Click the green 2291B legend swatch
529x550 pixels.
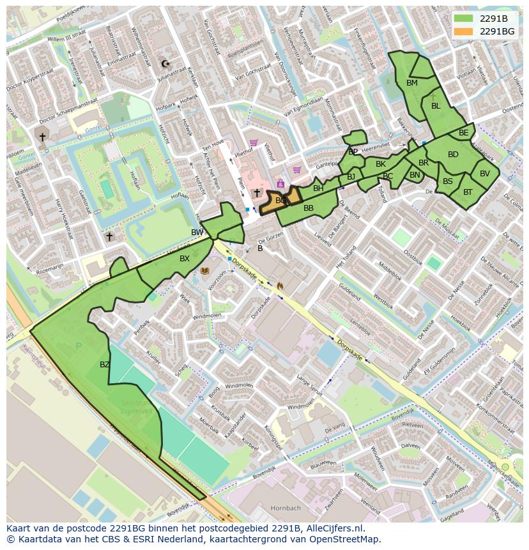pos(464,18)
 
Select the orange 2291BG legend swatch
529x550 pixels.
pos(464,31)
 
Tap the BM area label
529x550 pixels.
pos(412,83)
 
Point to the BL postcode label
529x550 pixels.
pos(436,106)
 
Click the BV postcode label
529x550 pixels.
pos(485,174)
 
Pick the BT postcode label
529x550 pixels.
pos(468,192)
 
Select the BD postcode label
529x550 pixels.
pos(453,155)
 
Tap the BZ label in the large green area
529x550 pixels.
pos(105,365)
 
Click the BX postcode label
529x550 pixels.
pos(185,259)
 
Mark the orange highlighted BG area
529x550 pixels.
pos(280,200)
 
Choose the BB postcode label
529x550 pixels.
pos(309,208)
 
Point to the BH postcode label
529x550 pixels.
pos(318,188)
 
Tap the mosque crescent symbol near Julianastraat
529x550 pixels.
pos(166,63)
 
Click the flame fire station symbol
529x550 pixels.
pos(279,286)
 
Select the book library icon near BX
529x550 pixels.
pos(205,271)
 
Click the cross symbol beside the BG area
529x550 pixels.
pos(257,193)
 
